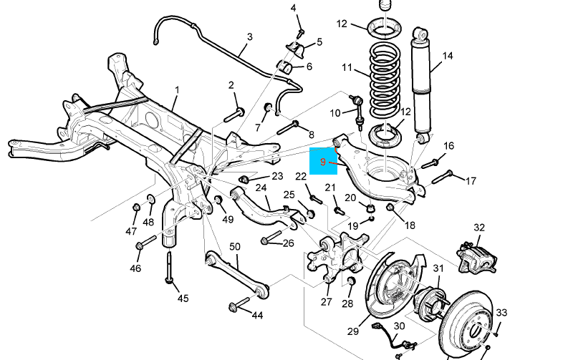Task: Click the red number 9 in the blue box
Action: (x=323, y=162)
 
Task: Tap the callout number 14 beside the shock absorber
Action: (x=448, y=56)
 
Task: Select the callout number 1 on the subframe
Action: (x=177, y=89)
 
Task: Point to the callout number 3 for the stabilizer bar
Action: (x=249, y=37)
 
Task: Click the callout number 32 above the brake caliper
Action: (x=479, y=228)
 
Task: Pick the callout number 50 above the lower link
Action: (x=235, y=246)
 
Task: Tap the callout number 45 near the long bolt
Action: (x=183, y=298)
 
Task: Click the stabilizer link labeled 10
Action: (x=357, y=112)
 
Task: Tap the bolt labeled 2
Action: (x=234, y=115)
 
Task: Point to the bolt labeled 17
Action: (x=443, y=177)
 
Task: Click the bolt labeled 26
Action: (x=271, y=237)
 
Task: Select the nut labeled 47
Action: (x=136, y=208)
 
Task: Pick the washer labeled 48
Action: (x=150, y=199)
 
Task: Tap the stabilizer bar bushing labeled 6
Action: (x=285, y=67)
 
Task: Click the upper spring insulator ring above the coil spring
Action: (x=385, y=28)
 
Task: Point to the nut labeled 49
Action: (x=218, y=200)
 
